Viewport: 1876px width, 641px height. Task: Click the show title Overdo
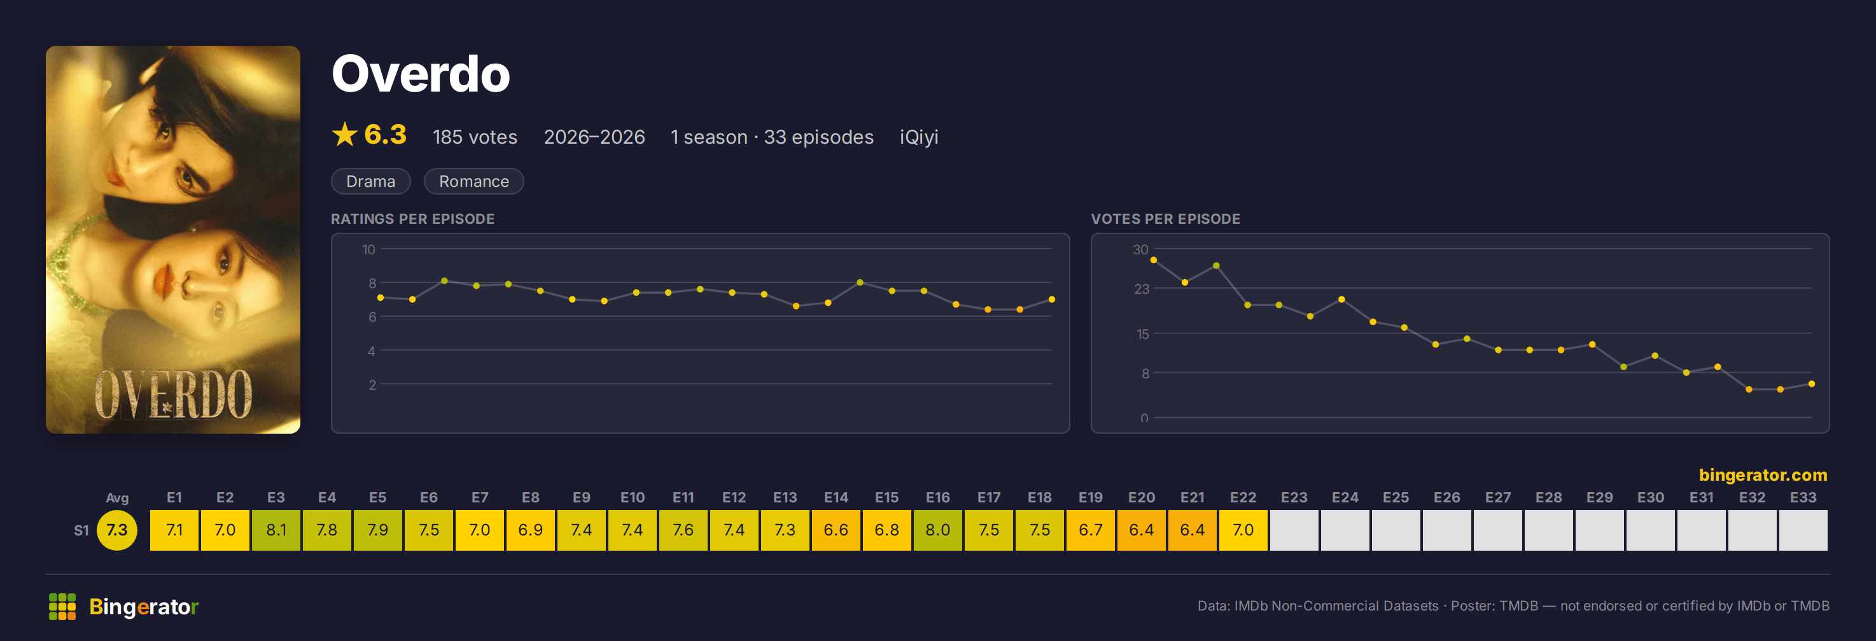point(421,74)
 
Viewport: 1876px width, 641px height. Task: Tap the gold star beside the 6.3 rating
point(344,135)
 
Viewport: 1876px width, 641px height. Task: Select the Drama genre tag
point(371,181)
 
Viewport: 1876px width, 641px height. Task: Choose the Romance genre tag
point(473,181)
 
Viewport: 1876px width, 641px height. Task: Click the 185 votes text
point(475,137)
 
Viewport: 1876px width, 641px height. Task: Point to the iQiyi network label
point(918,137)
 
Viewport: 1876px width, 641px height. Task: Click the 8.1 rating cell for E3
point(276,530)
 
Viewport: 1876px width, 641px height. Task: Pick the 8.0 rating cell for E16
point(937,530)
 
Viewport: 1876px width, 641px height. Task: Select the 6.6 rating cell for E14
point(836,530)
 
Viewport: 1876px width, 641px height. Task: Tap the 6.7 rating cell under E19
point(1090,530)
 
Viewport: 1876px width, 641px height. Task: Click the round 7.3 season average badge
point(116,530)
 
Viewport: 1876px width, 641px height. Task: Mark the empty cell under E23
point(1294,530)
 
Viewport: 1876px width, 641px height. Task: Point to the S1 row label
point(81,530)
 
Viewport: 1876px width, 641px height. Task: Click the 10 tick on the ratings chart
point(368,249)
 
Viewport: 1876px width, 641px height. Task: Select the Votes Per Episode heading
point(1165,219)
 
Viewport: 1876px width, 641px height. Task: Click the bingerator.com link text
point(1762,474)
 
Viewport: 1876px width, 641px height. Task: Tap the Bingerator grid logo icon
point(62,606)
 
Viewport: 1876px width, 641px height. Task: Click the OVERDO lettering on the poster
point(173,395)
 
